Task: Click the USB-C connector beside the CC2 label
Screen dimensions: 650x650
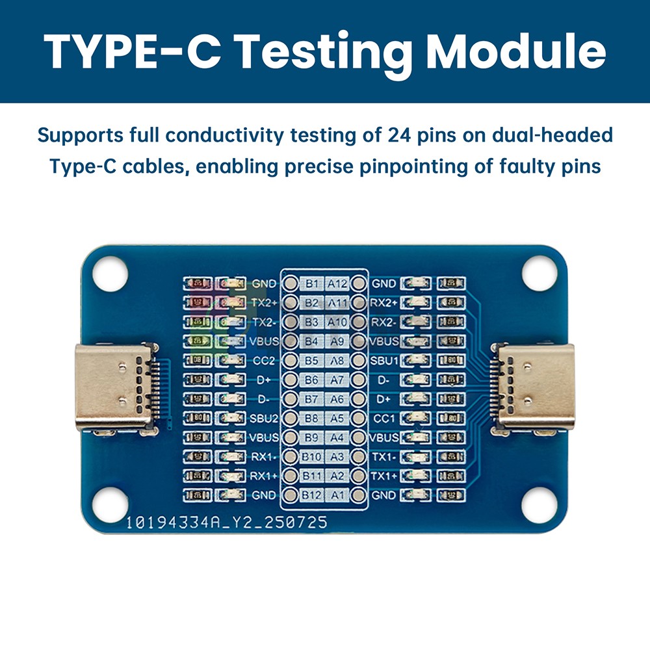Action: tap(116, 387)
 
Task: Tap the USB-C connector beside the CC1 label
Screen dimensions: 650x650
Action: tap(535, 387)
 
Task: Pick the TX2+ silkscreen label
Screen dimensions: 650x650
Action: tap(264, 303)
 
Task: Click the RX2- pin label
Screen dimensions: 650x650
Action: tap(383, 322)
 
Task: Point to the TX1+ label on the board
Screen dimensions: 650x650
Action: tap(383, 476)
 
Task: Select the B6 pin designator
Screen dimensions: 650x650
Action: tap(312, 380)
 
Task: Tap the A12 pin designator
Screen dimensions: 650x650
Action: tap(337, 284)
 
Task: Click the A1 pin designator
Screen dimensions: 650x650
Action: tap(337, 496)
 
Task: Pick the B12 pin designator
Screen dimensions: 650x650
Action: tap(312, 496)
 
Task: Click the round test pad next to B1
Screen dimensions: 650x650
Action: tap(291, 284)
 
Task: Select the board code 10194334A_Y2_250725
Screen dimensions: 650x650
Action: tap(226, 522)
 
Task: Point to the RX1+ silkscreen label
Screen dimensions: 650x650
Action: tap(264, 476)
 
